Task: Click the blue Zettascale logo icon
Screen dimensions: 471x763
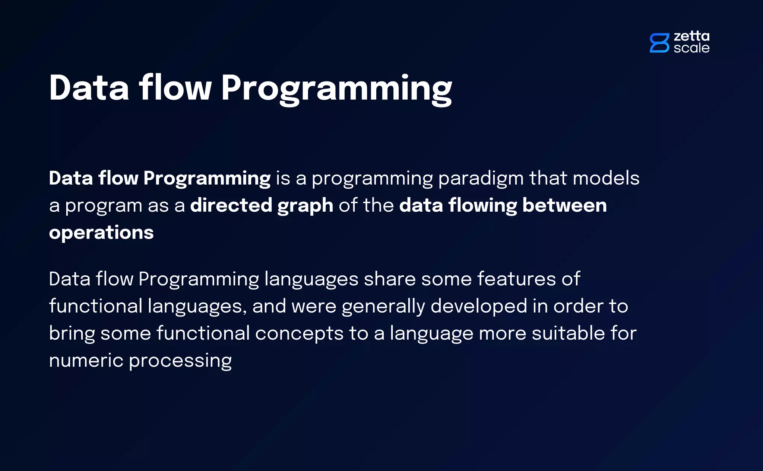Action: (659, 43)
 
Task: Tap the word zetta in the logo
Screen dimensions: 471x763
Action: (691, 36)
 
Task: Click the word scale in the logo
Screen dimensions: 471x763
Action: (691, 48)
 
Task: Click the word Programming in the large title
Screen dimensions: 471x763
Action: (336, 89)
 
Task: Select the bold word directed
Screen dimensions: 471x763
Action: (231, 205)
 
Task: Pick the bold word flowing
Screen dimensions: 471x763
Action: (482, 206)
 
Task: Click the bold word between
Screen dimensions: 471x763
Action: (564, 205)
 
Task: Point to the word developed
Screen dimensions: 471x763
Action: (479, 307)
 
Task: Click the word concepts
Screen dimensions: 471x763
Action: (299, 333)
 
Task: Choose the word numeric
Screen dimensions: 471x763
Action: (86, 361)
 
